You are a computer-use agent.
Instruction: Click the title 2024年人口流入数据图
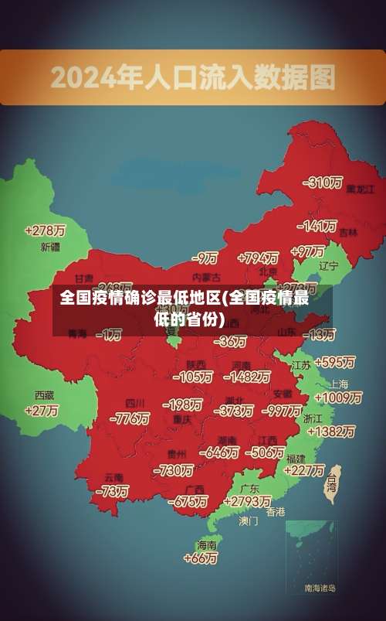click(193, 77)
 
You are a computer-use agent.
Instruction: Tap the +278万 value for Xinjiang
click(45, 230)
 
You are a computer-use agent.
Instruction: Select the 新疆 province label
click(50, 247)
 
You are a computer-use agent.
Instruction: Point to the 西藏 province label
click(44, 394)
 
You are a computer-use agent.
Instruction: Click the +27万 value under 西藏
click(42, 411)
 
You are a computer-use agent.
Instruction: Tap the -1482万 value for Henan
click(246, 377)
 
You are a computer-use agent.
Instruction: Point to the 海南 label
click(207, 544)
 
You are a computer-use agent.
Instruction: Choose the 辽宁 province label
click(329, 266)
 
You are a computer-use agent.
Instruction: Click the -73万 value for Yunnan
click(112, 490)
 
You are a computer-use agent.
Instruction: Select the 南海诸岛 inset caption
click(320, 589)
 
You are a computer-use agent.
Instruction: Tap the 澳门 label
click(249, 521)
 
